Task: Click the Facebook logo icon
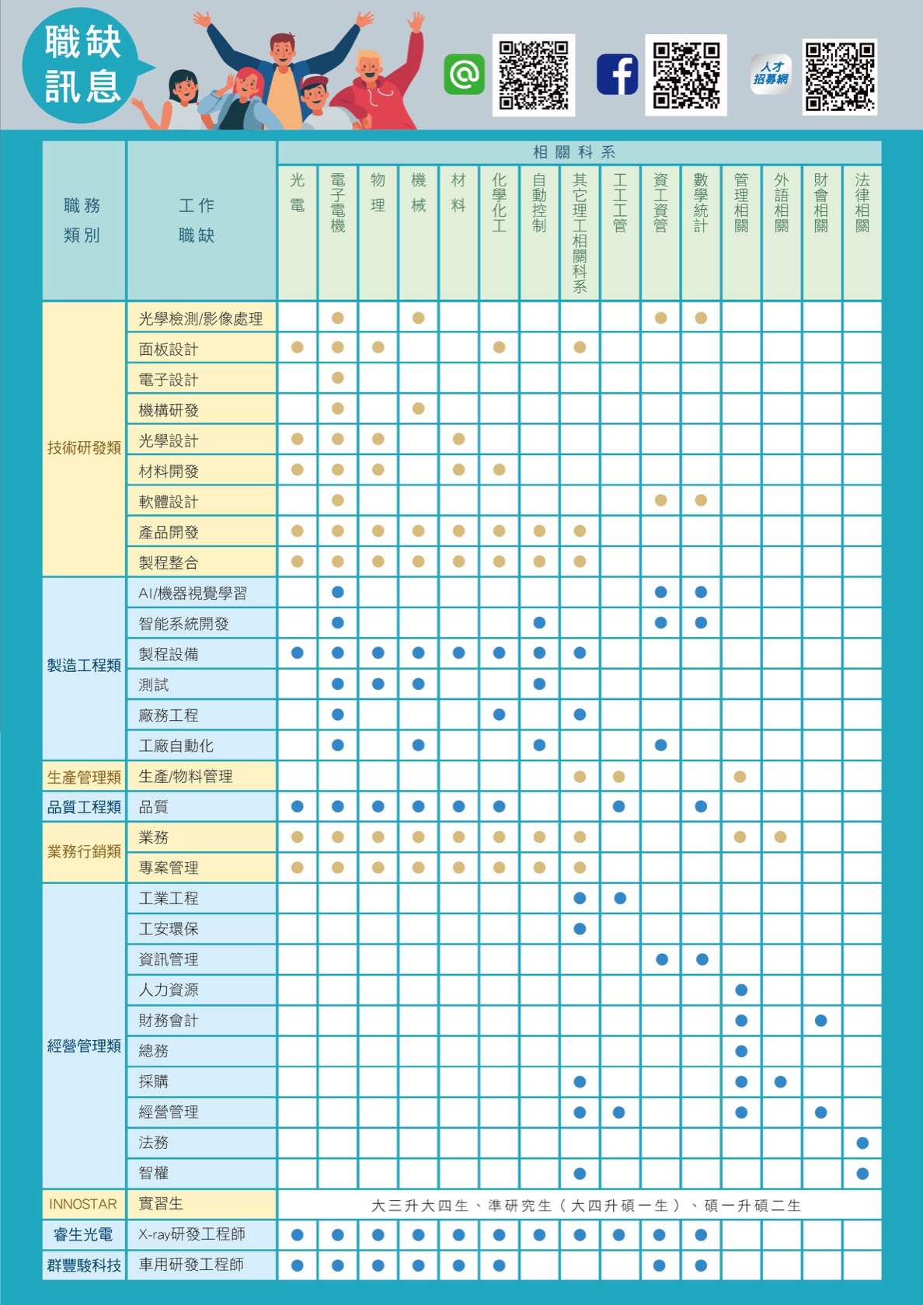tap(618, 75)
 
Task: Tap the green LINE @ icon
tap(464, 75)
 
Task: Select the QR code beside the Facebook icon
tap(686, 75)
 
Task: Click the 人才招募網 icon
tap(771, 75)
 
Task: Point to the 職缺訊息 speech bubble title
tap(82, 64)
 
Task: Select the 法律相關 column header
tap(862, 204)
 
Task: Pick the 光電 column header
tap(297, 193)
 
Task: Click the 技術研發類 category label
tap(84, 447)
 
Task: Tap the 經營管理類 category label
tap(84, 1046)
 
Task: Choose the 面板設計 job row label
tap(168, 350)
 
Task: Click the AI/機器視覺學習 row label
tap(192, 593)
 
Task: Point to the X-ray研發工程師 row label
tap(191, 1234)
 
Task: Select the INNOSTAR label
tap(83, 1204)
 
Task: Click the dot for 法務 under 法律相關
tap(862, 1143)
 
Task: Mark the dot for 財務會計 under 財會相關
tap(821, 1021)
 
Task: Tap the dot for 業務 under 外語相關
tap(781, 837)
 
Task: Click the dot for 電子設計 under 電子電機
tap(337, 378)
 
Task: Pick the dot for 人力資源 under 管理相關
tap(741, 990)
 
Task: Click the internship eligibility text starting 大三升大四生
tap(586, 1206)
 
